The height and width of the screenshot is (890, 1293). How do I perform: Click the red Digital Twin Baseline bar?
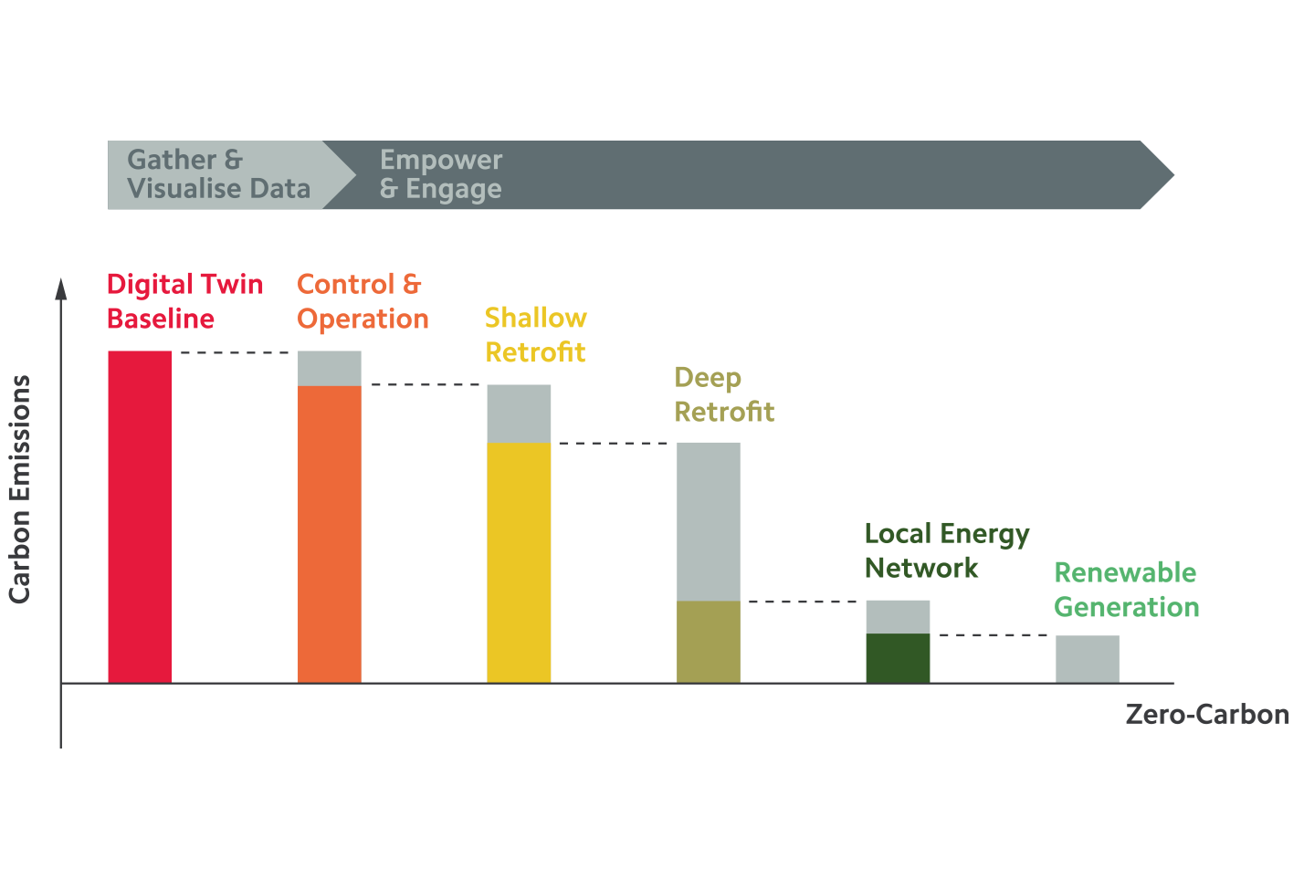pyautogui.click(x=140, y=517)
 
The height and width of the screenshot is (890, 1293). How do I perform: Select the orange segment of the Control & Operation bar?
pyautogui.click(x=330, y=534)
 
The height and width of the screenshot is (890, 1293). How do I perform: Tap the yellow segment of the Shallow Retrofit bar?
pyautogui.click(x=519, y=562)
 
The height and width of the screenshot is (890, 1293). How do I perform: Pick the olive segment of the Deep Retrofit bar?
pyautogui.click(x=709, y=642)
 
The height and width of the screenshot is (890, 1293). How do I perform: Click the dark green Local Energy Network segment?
pyautogui.click(x=898, y=658)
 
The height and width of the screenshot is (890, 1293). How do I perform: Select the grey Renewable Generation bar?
pyautogui.click(x=1088, y=659)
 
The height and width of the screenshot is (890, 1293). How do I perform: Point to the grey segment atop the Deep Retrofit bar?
pyautogui.click(x=709, y=521)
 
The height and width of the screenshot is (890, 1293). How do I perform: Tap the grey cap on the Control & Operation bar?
pyautogui.click(x=330, y=369)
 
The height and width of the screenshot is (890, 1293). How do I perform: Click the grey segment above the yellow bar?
pyautogui.click(x=519, y=414)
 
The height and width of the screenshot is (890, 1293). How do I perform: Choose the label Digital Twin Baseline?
pyautogui.click(x=184, y=301)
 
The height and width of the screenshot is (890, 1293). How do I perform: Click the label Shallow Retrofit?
pyautogui.click(x=535, y=335)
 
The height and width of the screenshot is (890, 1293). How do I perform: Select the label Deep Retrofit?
pyautogui.click(x=723, y=394)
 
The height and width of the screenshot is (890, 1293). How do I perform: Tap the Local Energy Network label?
pyautogui.click(x=946, y=550)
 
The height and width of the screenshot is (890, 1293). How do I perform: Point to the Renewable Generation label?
pyautogui.click(x=1126, y=590)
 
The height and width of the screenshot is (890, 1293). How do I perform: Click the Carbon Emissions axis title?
pyautogui.click(x=20, y=489)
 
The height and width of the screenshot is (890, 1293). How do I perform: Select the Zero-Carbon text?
pyautogui.click(x=1206, y=714)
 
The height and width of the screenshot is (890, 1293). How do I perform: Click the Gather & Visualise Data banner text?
pyautogui.click(x=218, y=174)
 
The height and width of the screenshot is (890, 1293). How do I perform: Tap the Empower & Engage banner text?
pyautogui.click(x=441, y=174)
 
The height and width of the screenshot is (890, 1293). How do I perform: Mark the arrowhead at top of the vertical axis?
pyautogui.click(x=61, y=288)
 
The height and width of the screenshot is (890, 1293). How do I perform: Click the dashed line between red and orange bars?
pyautogui.click(x=235, y=352)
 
